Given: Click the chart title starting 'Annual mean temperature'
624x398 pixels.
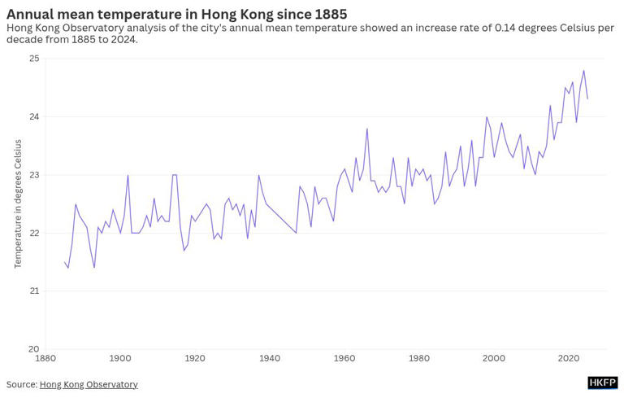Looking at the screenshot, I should tap(176, 14).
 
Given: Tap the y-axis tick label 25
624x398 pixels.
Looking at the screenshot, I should tap(34, 59).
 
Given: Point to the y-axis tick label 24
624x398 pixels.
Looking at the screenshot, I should tap(34, 116).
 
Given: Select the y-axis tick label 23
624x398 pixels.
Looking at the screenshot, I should tap(34, 175).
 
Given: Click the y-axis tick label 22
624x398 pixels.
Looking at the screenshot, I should tap(34, 233).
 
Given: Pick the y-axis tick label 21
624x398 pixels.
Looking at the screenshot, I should tap(34, 291).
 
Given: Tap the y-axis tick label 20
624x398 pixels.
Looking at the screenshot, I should tap(34, 349).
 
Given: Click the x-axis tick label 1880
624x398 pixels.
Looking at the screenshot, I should tap(45, 358).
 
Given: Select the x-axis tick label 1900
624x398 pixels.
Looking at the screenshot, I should tap(120, 358).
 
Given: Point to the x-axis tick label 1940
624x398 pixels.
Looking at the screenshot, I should tap(270, 358).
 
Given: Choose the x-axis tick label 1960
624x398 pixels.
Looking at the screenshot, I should tap(344, 358).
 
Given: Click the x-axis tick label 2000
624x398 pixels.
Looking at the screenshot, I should tap(494, 358).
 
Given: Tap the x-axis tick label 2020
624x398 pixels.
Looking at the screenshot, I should tap(569, 358).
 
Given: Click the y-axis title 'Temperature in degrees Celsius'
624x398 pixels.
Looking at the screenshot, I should tap(18, 203).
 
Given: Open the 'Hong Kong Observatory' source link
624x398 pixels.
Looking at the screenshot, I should tap(89, 384).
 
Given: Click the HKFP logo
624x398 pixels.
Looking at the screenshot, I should tap(602, 383).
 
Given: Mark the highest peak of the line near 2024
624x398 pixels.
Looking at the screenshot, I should tap(583, 71).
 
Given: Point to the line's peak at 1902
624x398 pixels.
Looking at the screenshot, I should tap(128, 175).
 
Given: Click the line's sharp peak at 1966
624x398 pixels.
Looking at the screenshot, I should tap(367, 129).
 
